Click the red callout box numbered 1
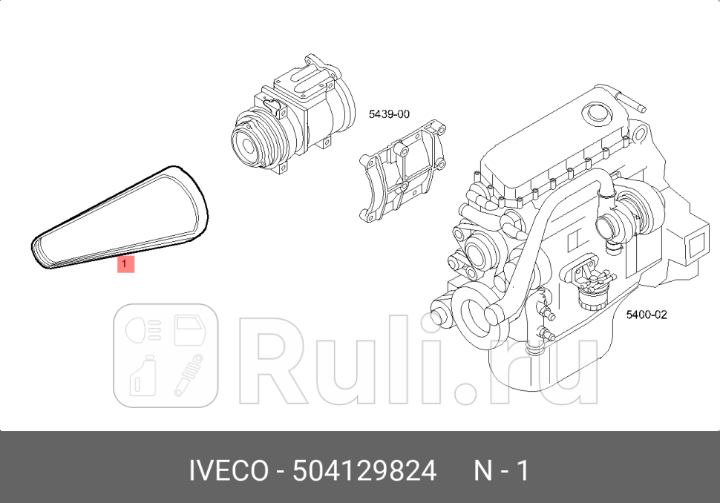[125, 263]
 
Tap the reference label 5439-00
[389, 115]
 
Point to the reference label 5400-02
[647, 315]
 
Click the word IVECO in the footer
[229, 470]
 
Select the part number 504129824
[364, 470]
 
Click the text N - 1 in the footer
[501, 470]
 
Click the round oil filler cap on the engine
[595, 112]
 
